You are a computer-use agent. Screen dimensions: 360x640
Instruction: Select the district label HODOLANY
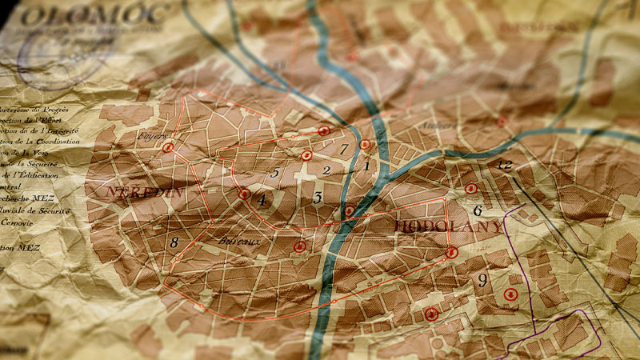tap(449, 227)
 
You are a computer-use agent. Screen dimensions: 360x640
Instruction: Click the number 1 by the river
tap(367, 166)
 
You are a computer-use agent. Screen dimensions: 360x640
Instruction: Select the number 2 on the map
tap(326, 170)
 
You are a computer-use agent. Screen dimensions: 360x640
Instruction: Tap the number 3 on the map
tap(318, 197)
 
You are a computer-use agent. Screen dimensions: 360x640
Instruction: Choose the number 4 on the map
tap(262, 200)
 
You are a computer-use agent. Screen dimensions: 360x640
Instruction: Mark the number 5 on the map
tap(274, 172)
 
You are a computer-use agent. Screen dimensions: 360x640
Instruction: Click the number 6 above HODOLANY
tap(478, 211)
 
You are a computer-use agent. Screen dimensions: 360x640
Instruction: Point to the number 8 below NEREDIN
tap(174, 242)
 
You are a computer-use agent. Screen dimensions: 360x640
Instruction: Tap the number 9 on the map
tap(482, 280)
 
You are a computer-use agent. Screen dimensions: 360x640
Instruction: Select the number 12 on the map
tap(504, 165)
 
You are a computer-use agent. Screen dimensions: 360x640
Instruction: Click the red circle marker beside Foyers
tap(168, 148)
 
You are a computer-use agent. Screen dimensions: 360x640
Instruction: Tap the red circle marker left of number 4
tap(244, 194)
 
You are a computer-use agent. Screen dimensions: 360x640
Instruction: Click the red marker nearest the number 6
tap(470, 189)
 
